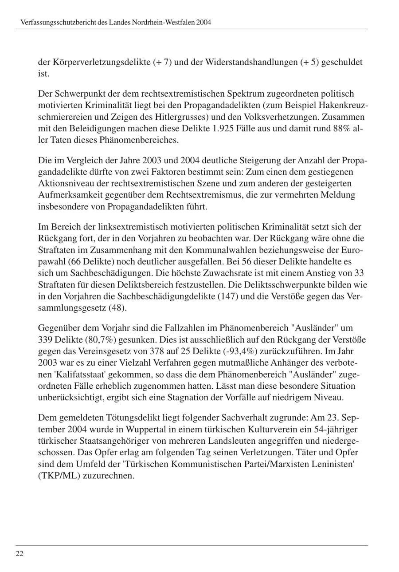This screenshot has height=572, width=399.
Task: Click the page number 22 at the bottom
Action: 20,553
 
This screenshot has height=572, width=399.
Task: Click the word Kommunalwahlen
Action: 211,250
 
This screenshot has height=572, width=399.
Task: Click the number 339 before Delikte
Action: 46,339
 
